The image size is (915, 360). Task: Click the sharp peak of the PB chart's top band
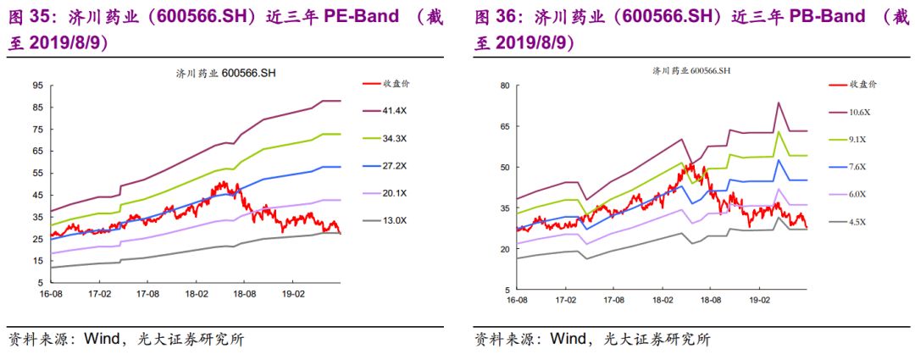click(778, 103)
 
